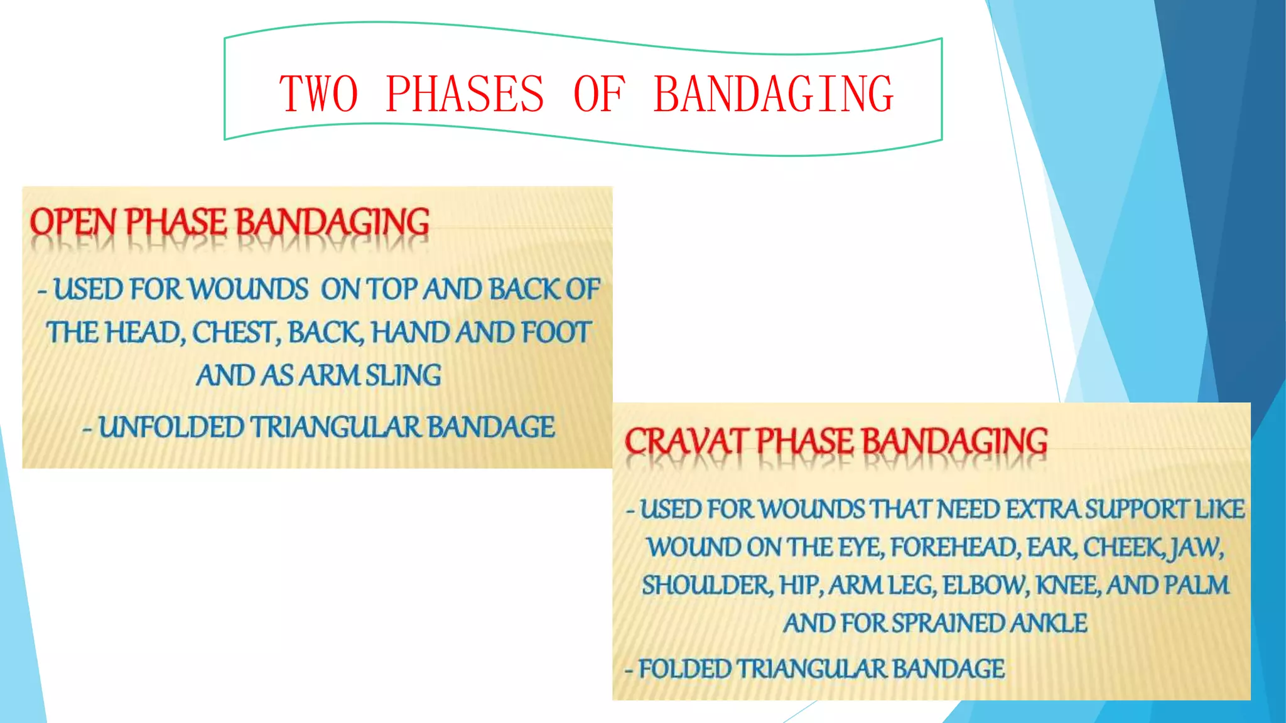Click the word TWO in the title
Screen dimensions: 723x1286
tap(319, 94)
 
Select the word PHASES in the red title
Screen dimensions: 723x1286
tap(465, 94)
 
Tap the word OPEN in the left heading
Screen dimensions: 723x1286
tap(73, 222)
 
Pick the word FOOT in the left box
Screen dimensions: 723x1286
tap(556, 333)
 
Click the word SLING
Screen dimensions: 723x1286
tap(403, 375)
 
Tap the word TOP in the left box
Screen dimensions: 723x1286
tap(392, 289)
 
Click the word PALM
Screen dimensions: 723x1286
tap(1196, 586)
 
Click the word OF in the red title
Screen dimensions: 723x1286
tap(599, 94)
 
